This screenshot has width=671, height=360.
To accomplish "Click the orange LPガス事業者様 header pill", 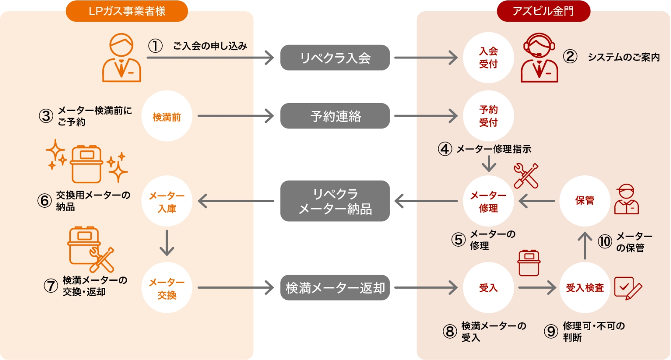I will tap(127, 11).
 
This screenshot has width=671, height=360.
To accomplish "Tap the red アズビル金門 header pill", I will tap(543, 11).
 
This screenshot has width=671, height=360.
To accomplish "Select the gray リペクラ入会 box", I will tap(335, 57).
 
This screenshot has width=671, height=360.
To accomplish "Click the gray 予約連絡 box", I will tap(335, 116).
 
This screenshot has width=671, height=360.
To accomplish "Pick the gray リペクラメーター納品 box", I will tap(335, 201).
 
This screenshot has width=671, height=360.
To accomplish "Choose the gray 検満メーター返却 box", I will tap(335, 288).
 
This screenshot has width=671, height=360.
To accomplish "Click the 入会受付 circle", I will tap(488, 57).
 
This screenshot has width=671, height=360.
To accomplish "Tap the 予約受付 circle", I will tap(488, 116).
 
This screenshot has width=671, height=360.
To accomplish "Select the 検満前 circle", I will tap(166, 116).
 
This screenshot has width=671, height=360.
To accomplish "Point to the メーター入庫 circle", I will tap(166, 201).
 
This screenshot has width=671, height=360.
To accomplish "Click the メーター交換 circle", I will tap(166, 288).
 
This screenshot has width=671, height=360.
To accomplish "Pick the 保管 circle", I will tap(585, 201).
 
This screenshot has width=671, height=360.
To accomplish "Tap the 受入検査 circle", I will tap(585, 288).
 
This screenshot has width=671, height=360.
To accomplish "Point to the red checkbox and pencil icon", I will tap(627, 288).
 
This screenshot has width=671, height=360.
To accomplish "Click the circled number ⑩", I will tap(605, 241).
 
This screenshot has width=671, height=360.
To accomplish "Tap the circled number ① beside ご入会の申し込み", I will tap(155, 46).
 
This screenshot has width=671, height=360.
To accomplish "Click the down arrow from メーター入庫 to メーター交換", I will tap(166, 243).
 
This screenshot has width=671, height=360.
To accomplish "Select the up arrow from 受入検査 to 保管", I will tap(585, 245).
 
